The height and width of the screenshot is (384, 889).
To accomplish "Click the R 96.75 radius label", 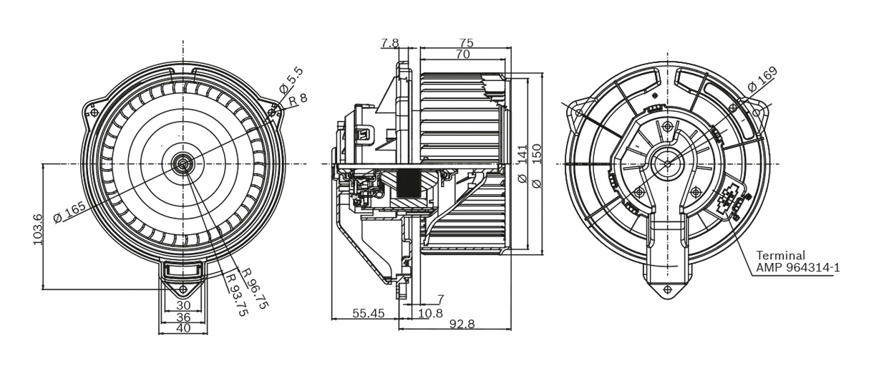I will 255,288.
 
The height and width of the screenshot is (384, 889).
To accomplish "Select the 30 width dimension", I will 183,305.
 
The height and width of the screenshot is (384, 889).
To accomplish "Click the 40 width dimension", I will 183,328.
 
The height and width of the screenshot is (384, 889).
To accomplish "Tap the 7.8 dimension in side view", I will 390,43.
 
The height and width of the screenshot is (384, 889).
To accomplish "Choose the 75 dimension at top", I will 466,43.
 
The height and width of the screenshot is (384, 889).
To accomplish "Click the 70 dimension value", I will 462,54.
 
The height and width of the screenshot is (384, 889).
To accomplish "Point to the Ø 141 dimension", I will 522,164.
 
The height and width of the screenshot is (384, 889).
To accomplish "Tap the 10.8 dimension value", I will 430,313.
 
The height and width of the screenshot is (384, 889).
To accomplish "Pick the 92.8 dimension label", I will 462,324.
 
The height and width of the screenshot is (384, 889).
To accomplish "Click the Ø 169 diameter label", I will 762,79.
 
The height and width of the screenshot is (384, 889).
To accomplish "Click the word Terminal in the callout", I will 780,256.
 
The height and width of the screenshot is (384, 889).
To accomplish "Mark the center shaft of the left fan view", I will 183,164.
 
